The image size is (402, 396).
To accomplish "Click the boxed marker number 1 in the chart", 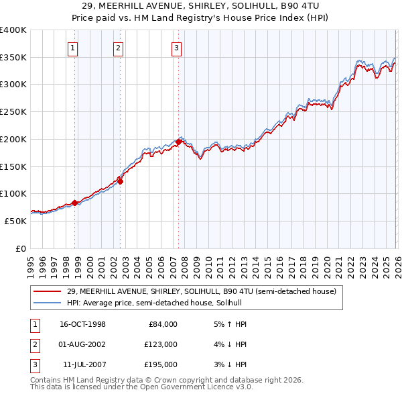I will [72, 48].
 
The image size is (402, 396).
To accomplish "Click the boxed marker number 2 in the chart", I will [118, 48].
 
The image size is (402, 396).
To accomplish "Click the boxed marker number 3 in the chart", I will [176, 48].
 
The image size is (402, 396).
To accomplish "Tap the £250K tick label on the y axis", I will [13, 112].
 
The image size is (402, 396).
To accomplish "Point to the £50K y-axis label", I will [15, 221].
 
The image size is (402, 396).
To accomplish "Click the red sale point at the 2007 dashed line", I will [179, 142].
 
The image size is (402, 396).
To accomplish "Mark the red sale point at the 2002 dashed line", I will [121, 181].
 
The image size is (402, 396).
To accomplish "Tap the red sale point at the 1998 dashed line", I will [75, 202].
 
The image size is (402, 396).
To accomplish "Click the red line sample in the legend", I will [46, 291].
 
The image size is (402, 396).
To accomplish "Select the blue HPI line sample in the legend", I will [46, 303].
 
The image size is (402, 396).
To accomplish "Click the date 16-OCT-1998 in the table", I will [82, 324].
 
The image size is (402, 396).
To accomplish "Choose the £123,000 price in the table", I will [161, 344].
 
